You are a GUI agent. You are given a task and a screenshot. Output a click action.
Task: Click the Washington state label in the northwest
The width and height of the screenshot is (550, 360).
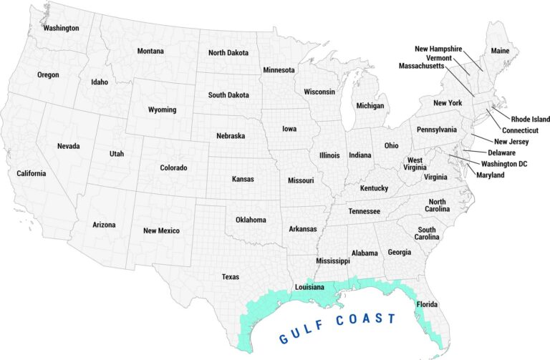[61, 28]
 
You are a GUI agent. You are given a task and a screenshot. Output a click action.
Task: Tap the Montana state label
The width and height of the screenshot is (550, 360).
[150, 51]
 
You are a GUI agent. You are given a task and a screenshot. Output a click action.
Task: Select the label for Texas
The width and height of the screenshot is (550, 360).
[231, 276]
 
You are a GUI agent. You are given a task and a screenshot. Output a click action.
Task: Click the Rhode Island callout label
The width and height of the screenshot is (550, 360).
[530, 119]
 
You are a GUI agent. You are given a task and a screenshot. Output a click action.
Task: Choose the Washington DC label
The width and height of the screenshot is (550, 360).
[503, 164]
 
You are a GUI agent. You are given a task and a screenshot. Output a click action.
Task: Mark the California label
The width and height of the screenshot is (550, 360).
[32, 173]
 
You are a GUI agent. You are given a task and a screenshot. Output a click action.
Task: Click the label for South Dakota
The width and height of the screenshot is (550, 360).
[228, 94]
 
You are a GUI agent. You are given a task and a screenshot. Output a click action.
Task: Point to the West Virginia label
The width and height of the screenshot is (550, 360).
[415, 164]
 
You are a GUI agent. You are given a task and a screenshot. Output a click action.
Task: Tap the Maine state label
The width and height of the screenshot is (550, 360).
[498, 51]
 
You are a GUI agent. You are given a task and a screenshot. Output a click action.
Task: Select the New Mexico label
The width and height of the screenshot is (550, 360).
[161, 230]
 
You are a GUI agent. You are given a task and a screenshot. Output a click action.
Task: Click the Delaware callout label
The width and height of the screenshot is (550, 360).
[501, 152]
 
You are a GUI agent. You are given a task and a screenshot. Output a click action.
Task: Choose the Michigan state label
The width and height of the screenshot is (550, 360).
[370, 105]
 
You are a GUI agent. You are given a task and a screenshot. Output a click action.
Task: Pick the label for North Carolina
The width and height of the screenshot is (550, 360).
[438, 205]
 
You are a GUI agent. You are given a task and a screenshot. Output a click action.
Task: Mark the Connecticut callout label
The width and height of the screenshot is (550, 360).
[520, 130]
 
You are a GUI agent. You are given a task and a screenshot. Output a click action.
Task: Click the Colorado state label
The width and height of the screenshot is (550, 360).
[173, 167]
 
